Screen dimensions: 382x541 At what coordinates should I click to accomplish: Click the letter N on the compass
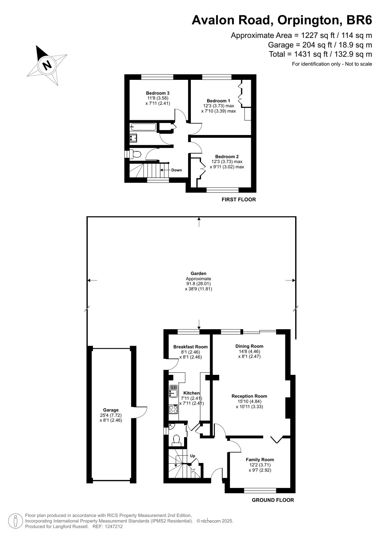pyautogui.click(x=47, y=65)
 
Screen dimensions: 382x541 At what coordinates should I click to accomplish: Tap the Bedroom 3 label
pyautogui.click(x=158, y=93)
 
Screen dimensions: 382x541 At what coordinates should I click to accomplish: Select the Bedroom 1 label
pyautogui.click(x=219, y=101)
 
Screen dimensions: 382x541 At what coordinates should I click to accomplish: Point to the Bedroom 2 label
pyautogui.click(x=227, y=157)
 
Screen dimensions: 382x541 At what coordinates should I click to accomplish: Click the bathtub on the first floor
pyautogui.click(x=143, y=127)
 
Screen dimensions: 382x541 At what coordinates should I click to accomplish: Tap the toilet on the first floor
pyautogui.click(x=135, y=154)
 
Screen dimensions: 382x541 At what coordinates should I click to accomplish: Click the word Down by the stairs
pyautogui.click(x=177, y=170)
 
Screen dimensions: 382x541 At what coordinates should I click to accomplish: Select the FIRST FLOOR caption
pyautogui.click(x=239, y=200)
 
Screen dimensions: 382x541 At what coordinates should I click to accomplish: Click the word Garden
pyautogui.click(x=199, y=273)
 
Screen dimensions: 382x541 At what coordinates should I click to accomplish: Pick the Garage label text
pyautogui.click(x=111, y=410)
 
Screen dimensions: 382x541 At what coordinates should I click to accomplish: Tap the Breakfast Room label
pyautogui.click(x=190, y=347)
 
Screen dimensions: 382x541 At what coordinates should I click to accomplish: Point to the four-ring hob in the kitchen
pyautogui.click(x=173, y=409)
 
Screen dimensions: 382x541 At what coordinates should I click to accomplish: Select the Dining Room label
pyautogui.click(x=249, y=346)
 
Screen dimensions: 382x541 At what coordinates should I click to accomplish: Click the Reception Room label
pyautogui.click(x=249, y=396)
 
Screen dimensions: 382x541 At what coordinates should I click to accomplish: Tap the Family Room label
pyautogui.click(x=260, y=459)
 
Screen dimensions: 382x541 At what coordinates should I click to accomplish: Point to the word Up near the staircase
pyautogui.click(x=193, y=456)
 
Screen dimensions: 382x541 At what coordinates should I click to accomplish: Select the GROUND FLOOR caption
pyautogui.click(x=273, y=500)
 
